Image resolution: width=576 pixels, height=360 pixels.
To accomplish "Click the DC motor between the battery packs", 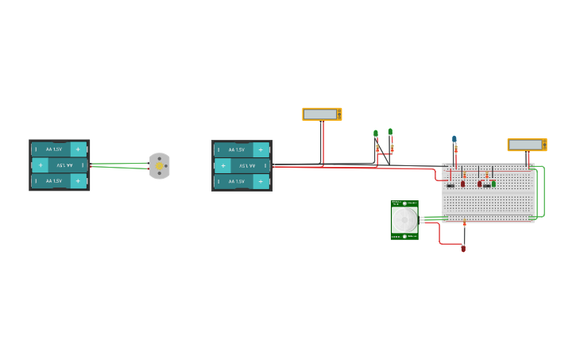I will (x=160, y=166).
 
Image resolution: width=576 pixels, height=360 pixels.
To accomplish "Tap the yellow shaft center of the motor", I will (x=160, y=166).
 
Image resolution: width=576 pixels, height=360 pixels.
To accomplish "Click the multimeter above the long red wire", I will (x=322, y=114).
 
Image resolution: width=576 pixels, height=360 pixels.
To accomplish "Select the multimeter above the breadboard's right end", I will (x=527, y=145).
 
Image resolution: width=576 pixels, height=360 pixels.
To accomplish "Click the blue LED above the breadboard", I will (x=454, y=139).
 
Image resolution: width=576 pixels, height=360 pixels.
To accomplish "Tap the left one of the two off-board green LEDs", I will (x=376, y=134).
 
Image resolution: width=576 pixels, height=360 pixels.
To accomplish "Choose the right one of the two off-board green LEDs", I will (x=390, y=132).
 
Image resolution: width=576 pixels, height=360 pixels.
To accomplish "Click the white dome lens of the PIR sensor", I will (x=404, y=219).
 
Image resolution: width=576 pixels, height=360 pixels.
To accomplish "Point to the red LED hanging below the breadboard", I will (x=463, y=249).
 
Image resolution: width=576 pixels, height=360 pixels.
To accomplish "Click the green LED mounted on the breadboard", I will (x=493, y=184).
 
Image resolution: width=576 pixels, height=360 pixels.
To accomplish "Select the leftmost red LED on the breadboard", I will (x=463, y=184).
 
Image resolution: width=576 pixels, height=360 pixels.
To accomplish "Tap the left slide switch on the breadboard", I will (x=450, y=186).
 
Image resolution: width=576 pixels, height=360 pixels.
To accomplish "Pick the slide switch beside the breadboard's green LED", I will (x=486, y=186).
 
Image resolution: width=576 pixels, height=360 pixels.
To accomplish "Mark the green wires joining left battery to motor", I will (x=119, y=165).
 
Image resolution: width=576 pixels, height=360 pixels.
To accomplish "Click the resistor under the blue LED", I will (x=455, y=149).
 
